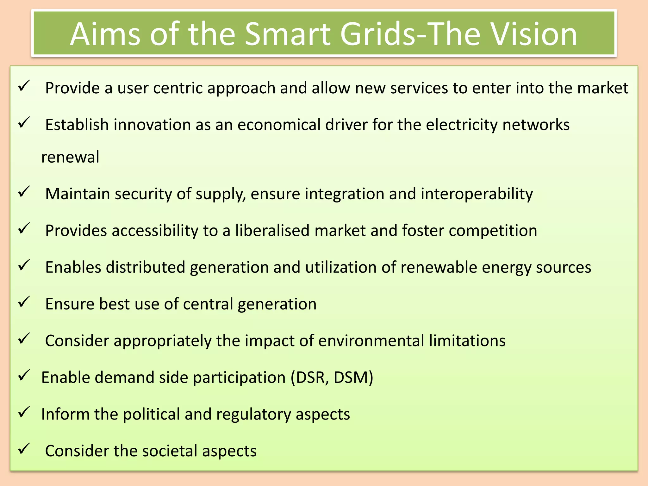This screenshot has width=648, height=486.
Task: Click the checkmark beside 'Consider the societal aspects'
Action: tap(24, 449)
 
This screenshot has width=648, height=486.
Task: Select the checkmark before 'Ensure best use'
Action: tap(24, 302)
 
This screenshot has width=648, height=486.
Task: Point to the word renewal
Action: tap(70, 157)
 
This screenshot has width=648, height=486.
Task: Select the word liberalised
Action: tap(272, 230)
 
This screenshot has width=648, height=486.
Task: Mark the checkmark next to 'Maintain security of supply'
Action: tap(24, 192)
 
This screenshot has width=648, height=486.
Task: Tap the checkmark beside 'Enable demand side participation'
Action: tap(24, 375)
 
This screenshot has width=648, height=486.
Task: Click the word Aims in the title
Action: tap(105, 34)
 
